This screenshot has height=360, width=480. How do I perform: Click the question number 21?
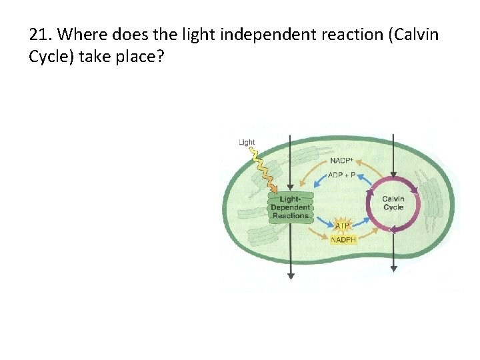tap(41, 35)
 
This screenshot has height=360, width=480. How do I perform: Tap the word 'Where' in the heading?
tap(83, 35)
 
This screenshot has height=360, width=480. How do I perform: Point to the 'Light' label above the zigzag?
tap(247, 142)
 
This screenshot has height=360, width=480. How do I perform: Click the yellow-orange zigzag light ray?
tap(265, 170)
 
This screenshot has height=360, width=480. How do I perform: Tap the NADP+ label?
tap(343, 161)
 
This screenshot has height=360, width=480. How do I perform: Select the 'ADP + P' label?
tap(342, 175)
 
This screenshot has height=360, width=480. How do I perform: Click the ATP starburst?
tap(343, 226)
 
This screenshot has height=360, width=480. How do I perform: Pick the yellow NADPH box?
tap(344, 240)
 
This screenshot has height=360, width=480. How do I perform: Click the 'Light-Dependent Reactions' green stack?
tap(290, 207)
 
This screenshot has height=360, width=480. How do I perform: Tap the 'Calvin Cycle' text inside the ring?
tap(393, 203)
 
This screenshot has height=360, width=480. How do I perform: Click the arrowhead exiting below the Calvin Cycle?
tap(393, 269)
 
